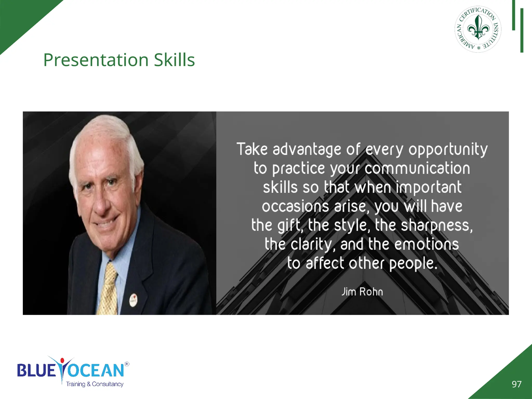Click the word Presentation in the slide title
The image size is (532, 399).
(96, 60)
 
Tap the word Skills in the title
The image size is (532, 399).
(174, 60)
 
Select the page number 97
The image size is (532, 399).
(516, 384)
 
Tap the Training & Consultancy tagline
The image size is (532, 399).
(95, 384)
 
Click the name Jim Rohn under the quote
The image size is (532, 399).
(362, 292)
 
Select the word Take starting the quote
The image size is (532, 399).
(252, 149)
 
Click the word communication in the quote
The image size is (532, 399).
(417, 168)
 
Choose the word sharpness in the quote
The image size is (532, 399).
(436, 225)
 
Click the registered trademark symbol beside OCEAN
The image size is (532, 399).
(127, 364)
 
